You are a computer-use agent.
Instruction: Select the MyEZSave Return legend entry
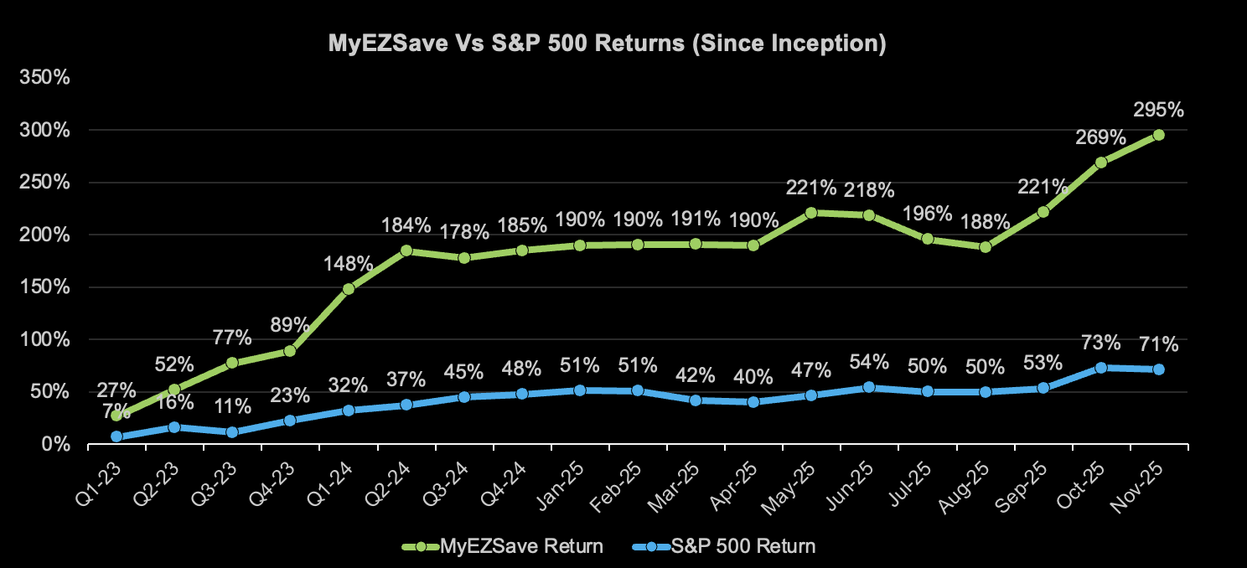520,547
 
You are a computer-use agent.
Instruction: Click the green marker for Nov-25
1159,135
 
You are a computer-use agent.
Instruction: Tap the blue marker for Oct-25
1101,368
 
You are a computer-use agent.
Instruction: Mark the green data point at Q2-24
406,250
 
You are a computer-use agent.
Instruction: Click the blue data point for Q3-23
232,432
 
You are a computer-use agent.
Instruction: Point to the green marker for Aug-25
986,247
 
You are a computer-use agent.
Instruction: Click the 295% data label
1159,110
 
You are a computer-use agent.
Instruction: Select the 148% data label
349,264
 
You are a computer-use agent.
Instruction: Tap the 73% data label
1101,343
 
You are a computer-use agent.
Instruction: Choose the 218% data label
869,190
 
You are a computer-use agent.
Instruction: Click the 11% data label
232,407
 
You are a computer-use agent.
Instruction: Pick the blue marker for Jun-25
869,387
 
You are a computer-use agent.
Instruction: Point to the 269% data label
1101,137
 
